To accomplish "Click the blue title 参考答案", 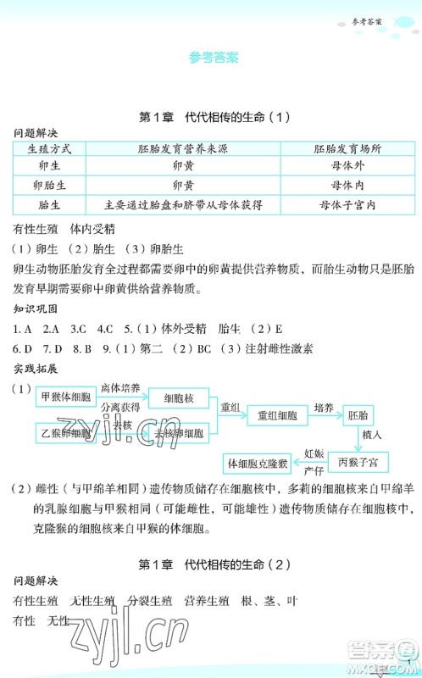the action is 212,58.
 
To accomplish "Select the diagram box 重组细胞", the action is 278,415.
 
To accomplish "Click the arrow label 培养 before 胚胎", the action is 322,408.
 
